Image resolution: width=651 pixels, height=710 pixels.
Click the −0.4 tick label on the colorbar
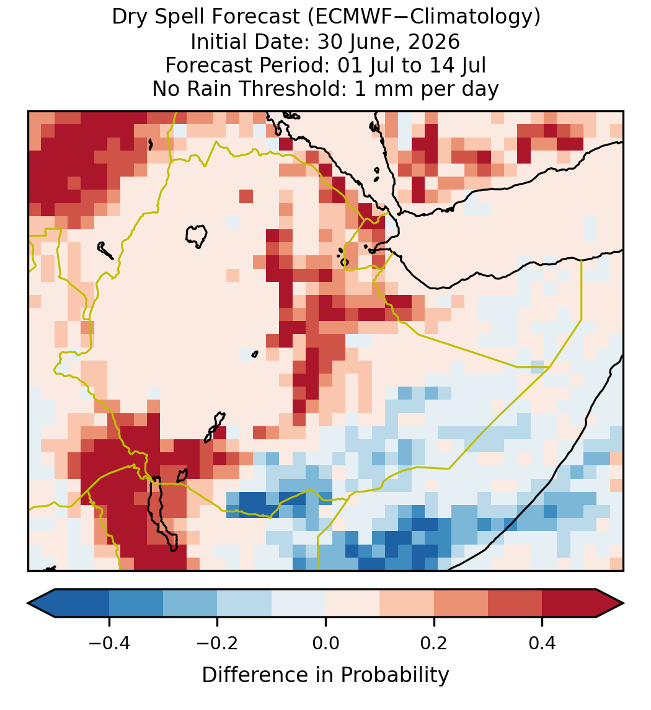tap(109, 642)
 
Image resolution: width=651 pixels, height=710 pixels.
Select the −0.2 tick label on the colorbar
tap(218, 642)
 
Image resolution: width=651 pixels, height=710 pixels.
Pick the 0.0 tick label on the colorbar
tap(325, 642)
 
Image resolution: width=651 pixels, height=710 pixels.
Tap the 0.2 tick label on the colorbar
tap(434, 642)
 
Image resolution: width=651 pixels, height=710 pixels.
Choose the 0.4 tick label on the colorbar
tap(542, 642)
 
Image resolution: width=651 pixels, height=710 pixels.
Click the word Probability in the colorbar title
tap(395, 675)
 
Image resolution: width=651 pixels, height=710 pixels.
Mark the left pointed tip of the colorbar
tap(28, 603)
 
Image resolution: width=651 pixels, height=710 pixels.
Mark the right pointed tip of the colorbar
tap(624, 603)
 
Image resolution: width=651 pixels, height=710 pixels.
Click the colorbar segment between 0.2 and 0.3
tap(461, 603)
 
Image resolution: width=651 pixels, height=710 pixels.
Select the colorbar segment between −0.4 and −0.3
tap(136, 603)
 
